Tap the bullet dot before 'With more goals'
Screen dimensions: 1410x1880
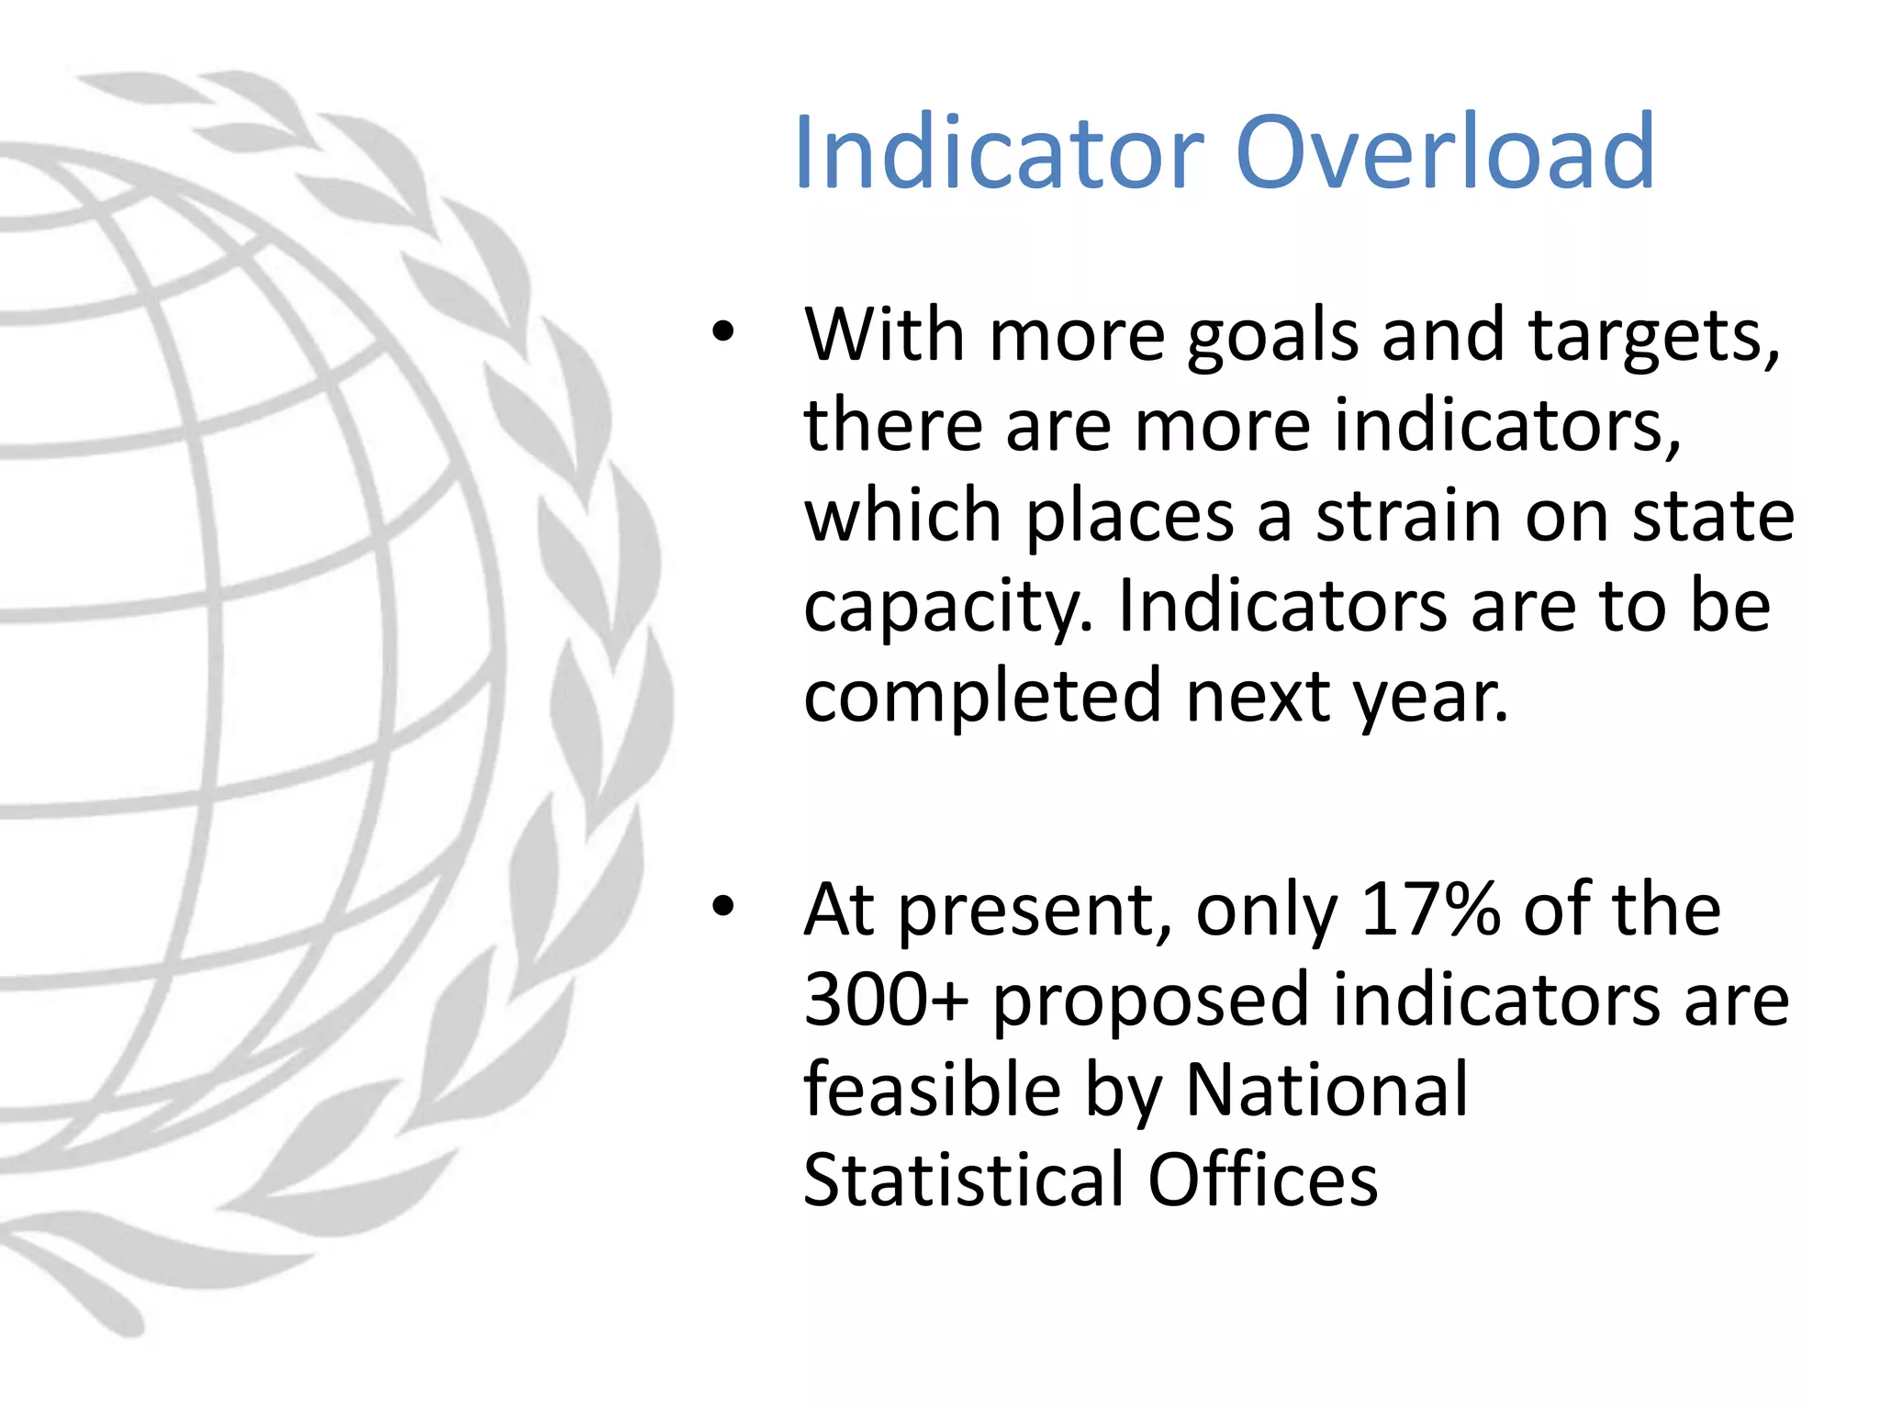[x=723, y=331]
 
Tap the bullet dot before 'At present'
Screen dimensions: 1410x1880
[x=723, y=906]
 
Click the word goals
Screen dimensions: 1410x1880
[x=1272, y=336]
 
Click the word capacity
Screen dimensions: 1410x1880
[x=948, y=608]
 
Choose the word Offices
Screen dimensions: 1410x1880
[x=1263, y=1179]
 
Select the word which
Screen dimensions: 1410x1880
[x=902, y=516]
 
